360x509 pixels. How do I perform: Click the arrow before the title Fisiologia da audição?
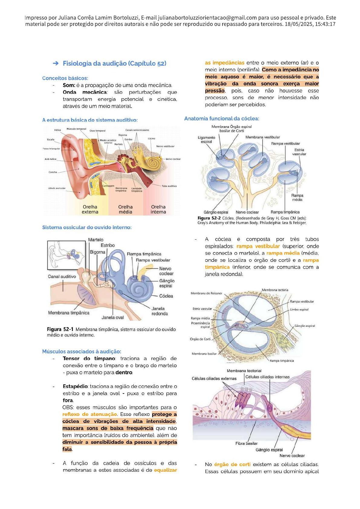56,63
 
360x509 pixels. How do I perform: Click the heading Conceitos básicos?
65,78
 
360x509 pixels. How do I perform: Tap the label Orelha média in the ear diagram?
125,209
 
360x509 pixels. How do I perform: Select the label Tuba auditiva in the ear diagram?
169,186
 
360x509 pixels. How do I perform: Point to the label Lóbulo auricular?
57,188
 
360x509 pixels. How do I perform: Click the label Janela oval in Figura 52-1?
112,317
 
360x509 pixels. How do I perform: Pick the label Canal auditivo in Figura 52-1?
62,276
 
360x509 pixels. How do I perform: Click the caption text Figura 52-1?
60,329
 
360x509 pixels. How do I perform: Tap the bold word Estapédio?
75,386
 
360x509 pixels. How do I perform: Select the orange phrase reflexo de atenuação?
89,414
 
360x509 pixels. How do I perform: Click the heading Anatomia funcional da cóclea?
222,118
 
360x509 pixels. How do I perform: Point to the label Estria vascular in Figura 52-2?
299,152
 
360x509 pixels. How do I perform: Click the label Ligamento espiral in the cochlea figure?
206,139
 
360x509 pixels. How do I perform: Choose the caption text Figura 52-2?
209,218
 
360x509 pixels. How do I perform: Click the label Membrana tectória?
275,290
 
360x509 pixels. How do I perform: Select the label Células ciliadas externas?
214,378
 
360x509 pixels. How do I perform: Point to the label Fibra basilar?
246,443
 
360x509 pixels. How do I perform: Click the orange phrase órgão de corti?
232,464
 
